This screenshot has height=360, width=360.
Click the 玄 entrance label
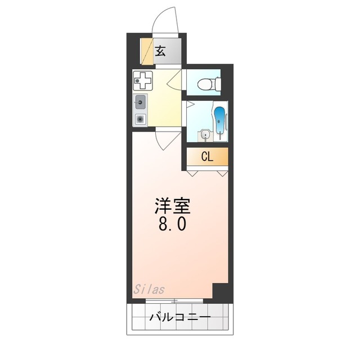[x=160, y=51]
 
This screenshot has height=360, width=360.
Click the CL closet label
[x=207, y=157]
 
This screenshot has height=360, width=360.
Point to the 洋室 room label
[x=173, y=206]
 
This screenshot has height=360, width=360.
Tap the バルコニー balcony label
[x=179, y=319]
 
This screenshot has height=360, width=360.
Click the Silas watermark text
[x=149, y=290]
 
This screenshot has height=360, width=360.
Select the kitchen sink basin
[x=141, y=103]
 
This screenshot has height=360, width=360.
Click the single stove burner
[x=140, y=119]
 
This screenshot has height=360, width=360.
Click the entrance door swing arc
[x=167, y=18]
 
